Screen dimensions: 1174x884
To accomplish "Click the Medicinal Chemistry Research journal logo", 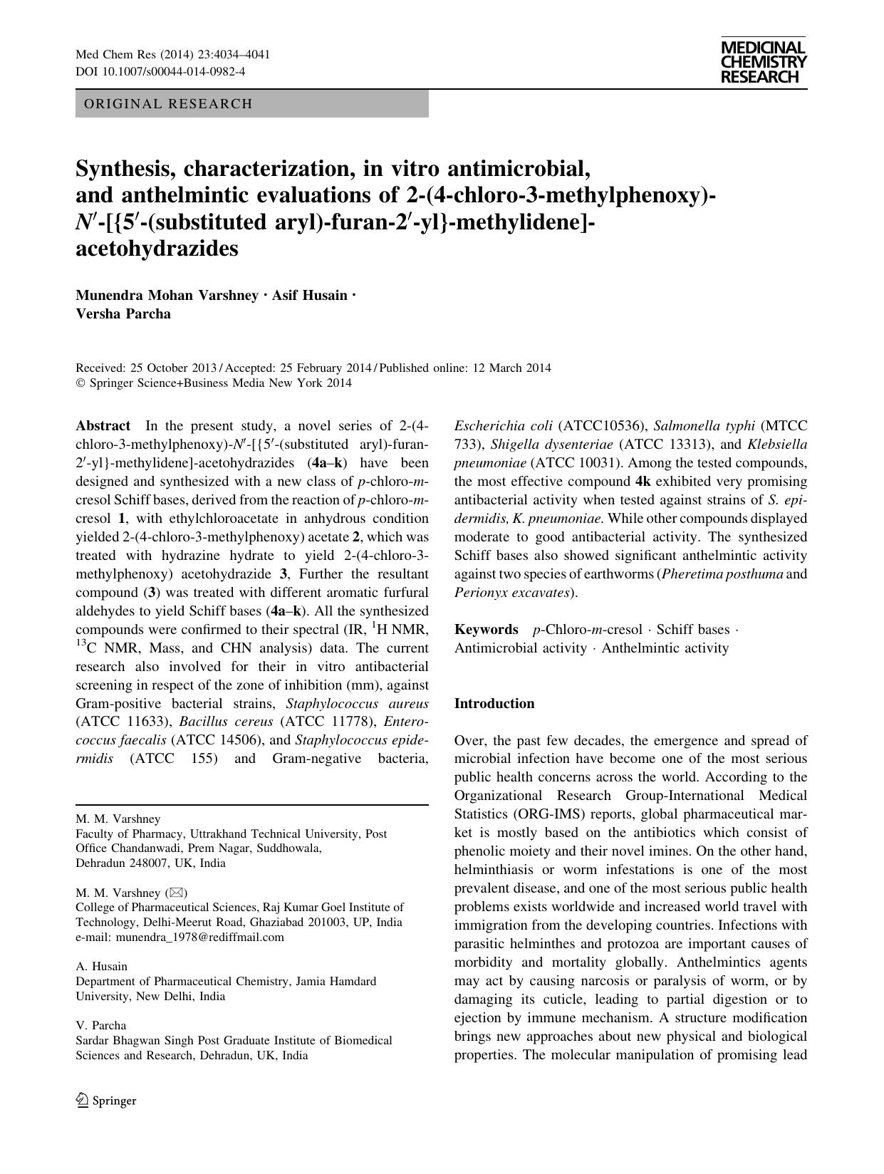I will (x=763, y=63).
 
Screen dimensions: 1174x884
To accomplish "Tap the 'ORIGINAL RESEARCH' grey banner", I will (x=251, y=104).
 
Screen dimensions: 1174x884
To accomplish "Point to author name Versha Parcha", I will (x=123, y=314).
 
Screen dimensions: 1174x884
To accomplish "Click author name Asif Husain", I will (x=309, y=296).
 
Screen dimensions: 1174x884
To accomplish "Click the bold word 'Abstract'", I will (x=103, y=426).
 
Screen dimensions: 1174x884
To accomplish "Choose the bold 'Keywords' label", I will (x=486, y=630).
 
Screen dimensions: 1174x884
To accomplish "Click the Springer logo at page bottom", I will (x=106, y=1101).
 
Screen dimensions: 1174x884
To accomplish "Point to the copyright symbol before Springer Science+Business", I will (x=80, y=383).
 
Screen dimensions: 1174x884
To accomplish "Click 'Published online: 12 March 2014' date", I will (x=465, y=368).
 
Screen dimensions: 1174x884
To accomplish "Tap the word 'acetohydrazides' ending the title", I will (x=157, y=249).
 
